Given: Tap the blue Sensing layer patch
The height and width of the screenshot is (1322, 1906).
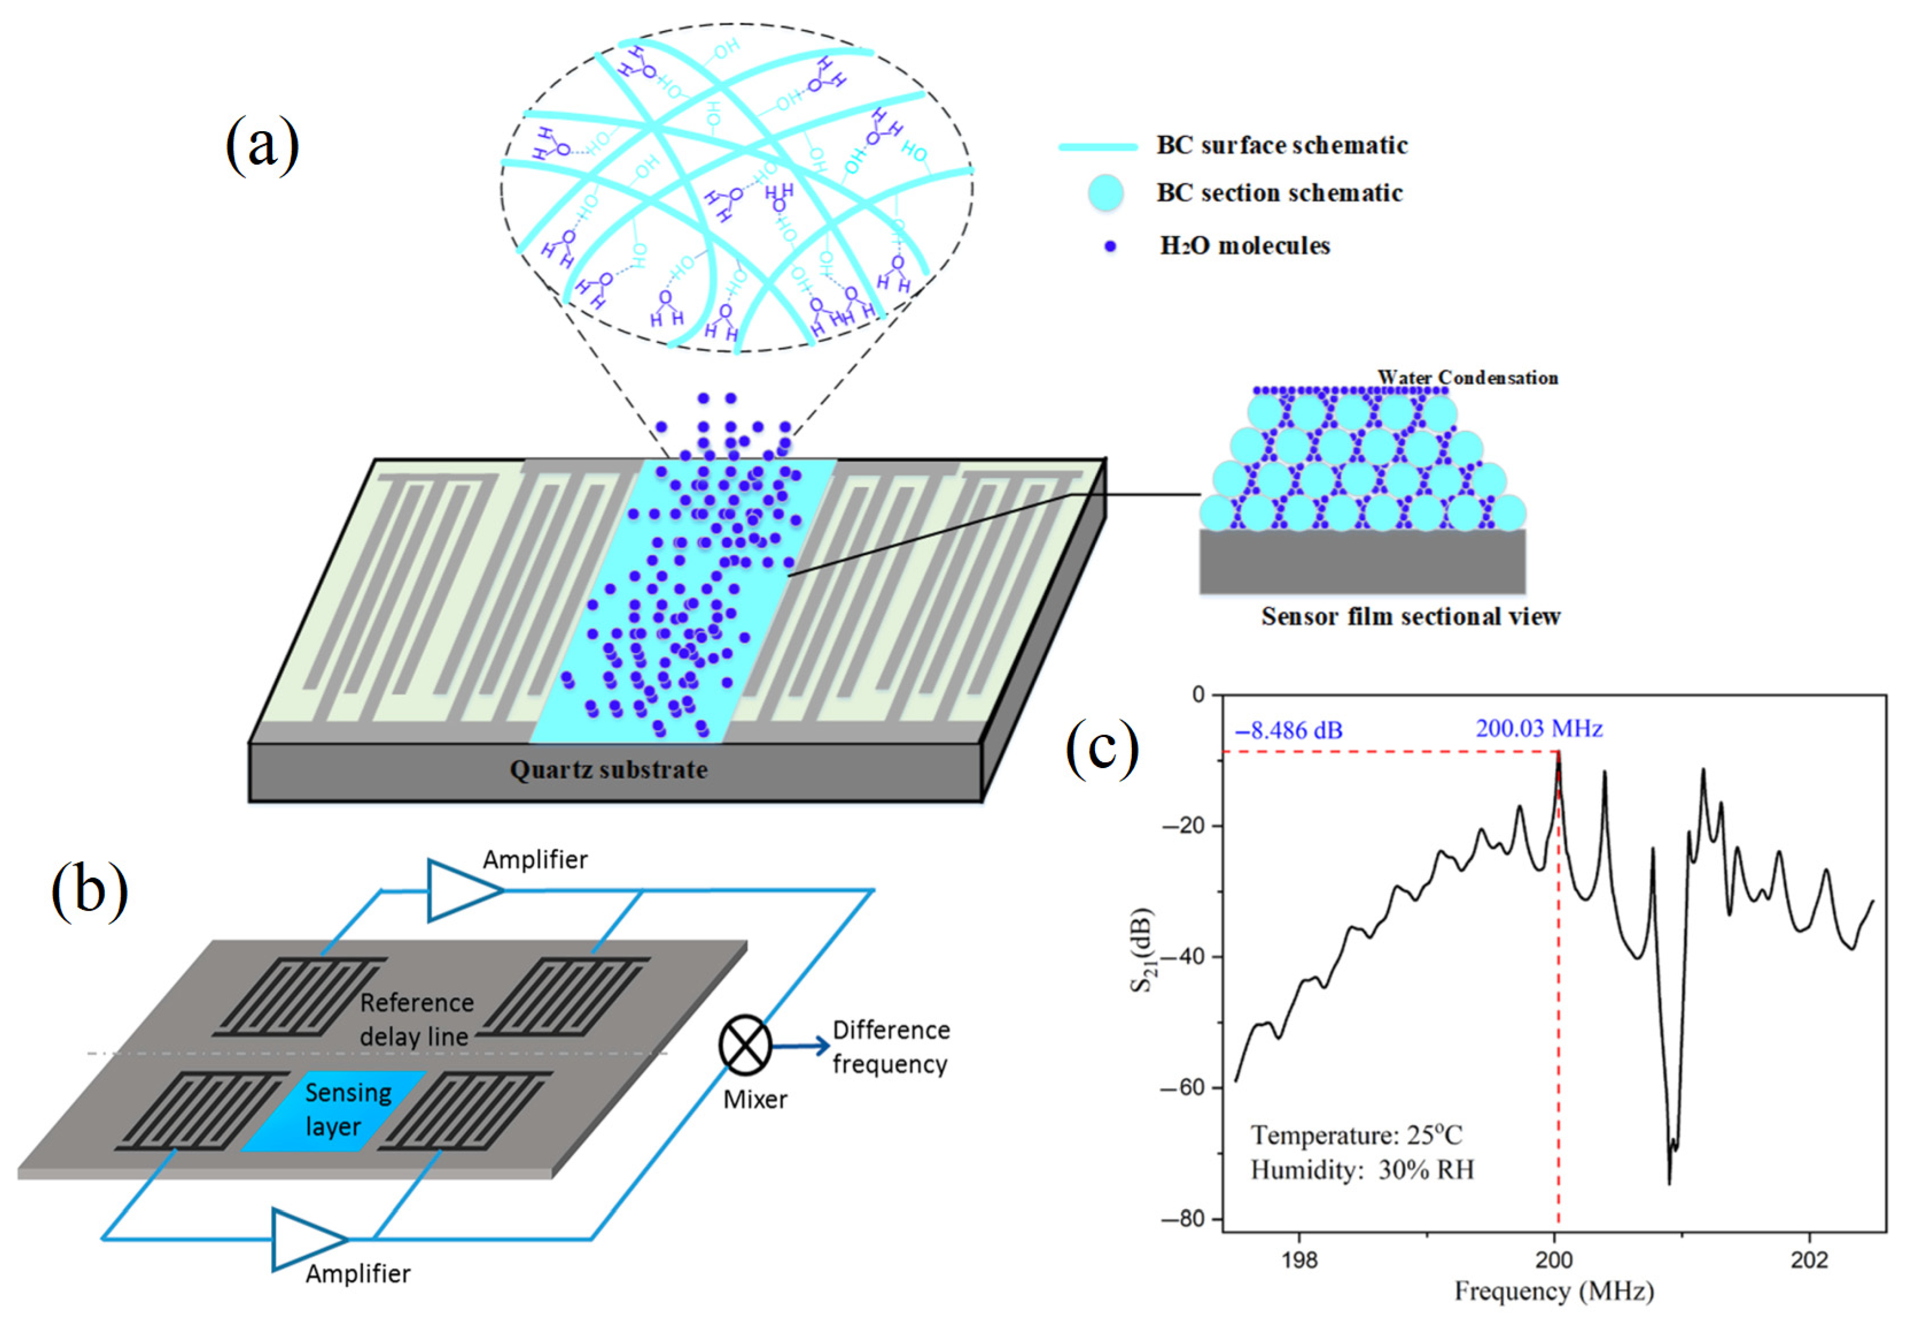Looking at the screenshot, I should [335, 1111].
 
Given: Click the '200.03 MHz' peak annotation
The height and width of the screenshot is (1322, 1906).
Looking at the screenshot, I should [1538, 728].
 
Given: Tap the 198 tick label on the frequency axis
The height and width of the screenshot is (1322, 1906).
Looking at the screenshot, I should [1299, 1260].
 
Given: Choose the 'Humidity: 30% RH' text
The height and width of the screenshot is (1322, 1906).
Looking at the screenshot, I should [1362, 1169].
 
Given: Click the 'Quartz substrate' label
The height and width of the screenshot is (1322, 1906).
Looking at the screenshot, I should [608, 770].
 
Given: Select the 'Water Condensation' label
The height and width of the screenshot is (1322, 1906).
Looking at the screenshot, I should [1467, 378].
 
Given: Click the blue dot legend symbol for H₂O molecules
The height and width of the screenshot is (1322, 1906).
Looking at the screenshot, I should [1110, 246].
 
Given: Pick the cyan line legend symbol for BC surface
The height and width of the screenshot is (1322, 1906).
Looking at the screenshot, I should [1098, 146].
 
